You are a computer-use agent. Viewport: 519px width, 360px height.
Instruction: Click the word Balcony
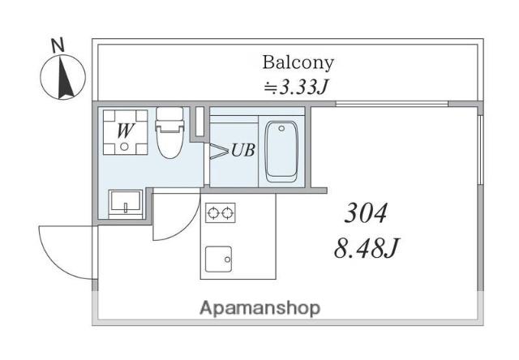tap(298, 63)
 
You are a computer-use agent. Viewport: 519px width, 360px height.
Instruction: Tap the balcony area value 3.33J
tap(303, 87)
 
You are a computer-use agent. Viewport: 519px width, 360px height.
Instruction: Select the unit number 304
tap(366, 213)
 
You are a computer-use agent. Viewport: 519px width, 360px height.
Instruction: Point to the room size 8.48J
tap(367, 248)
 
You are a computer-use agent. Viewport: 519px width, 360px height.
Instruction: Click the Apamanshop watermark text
tap(259, 309)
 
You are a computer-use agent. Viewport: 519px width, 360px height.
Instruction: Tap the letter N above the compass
tap(58, 45)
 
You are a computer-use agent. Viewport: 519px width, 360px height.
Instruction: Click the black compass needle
tap(65, 78)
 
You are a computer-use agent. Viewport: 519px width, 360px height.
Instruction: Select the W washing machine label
tap(126, 131)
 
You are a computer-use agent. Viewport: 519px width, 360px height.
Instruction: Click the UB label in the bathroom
tap(243, 150)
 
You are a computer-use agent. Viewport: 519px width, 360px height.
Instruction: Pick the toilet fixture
tap(169, 132)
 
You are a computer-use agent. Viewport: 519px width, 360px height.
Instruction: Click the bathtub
tap(281, 152)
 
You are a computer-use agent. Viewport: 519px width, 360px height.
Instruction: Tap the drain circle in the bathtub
tap(281, 128)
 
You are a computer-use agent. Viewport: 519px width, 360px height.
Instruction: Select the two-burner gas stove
tap(220, 212)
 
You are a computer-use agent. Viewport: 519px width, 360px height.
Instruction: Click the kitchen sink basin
tap(218, 259)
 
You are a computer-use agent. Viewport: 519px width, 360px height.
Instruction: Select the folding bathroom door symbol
tap(219, 151)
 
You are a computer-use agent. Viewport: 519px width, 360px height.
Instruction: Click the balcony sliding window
tap(392, 104)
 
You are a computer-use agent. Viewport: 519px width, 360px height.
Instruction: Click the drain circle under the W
tap(124, 147)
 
